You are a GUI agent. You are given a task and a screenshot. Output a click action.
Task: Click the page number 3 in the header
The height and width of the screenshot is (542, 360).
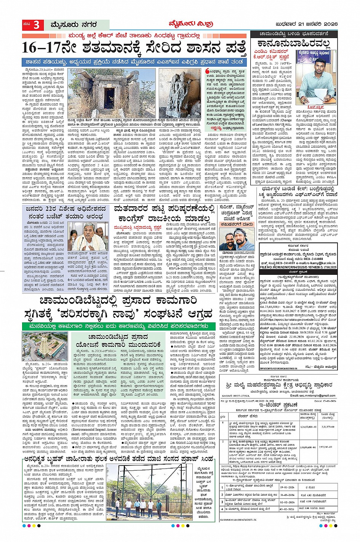click(36, 26)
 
